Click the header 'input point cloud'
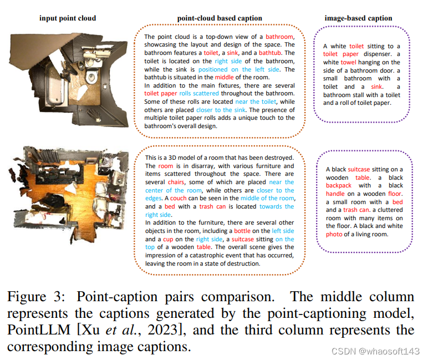67,18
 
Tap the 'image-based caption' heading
358,18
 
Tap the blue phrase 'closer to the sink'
220,110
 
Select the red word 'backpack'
339,186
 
